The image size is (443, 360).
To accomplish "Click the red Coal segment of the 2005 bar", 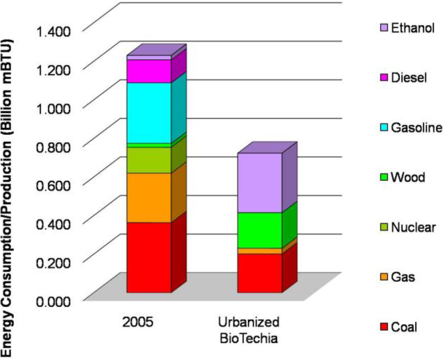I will point(148,257).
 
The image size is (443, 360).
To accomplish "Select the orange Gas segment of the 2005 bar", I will point(148,198).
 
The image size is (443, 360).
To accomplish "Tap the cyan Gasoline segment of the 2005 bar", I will point(148,112).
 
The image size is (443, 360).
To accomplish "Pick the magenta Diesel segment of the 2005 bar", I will point(148,71).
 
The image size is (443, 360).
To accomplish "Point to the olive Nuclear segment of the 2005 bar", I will point(148,160).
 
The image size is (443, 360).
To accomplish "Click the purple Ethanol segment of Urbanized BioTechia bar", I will point(260,182).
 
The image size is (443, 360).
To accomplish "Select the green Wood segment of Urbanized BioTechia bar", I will point(260,230).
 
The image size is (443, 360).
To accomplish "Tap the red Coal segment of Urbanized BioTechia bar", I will point(260,273).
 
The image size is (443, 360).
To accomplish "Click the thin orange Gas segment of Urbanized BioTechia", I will point(260,251).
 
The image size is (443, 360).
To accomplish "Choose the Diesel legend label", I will point(409,78).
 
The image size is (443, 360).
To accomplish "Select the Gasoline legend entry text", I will point(416,128).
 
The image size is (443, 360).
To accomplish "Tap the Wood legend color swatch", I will point(382,178).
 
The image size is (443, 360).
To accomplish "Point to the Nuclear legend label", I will point(413,227).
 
